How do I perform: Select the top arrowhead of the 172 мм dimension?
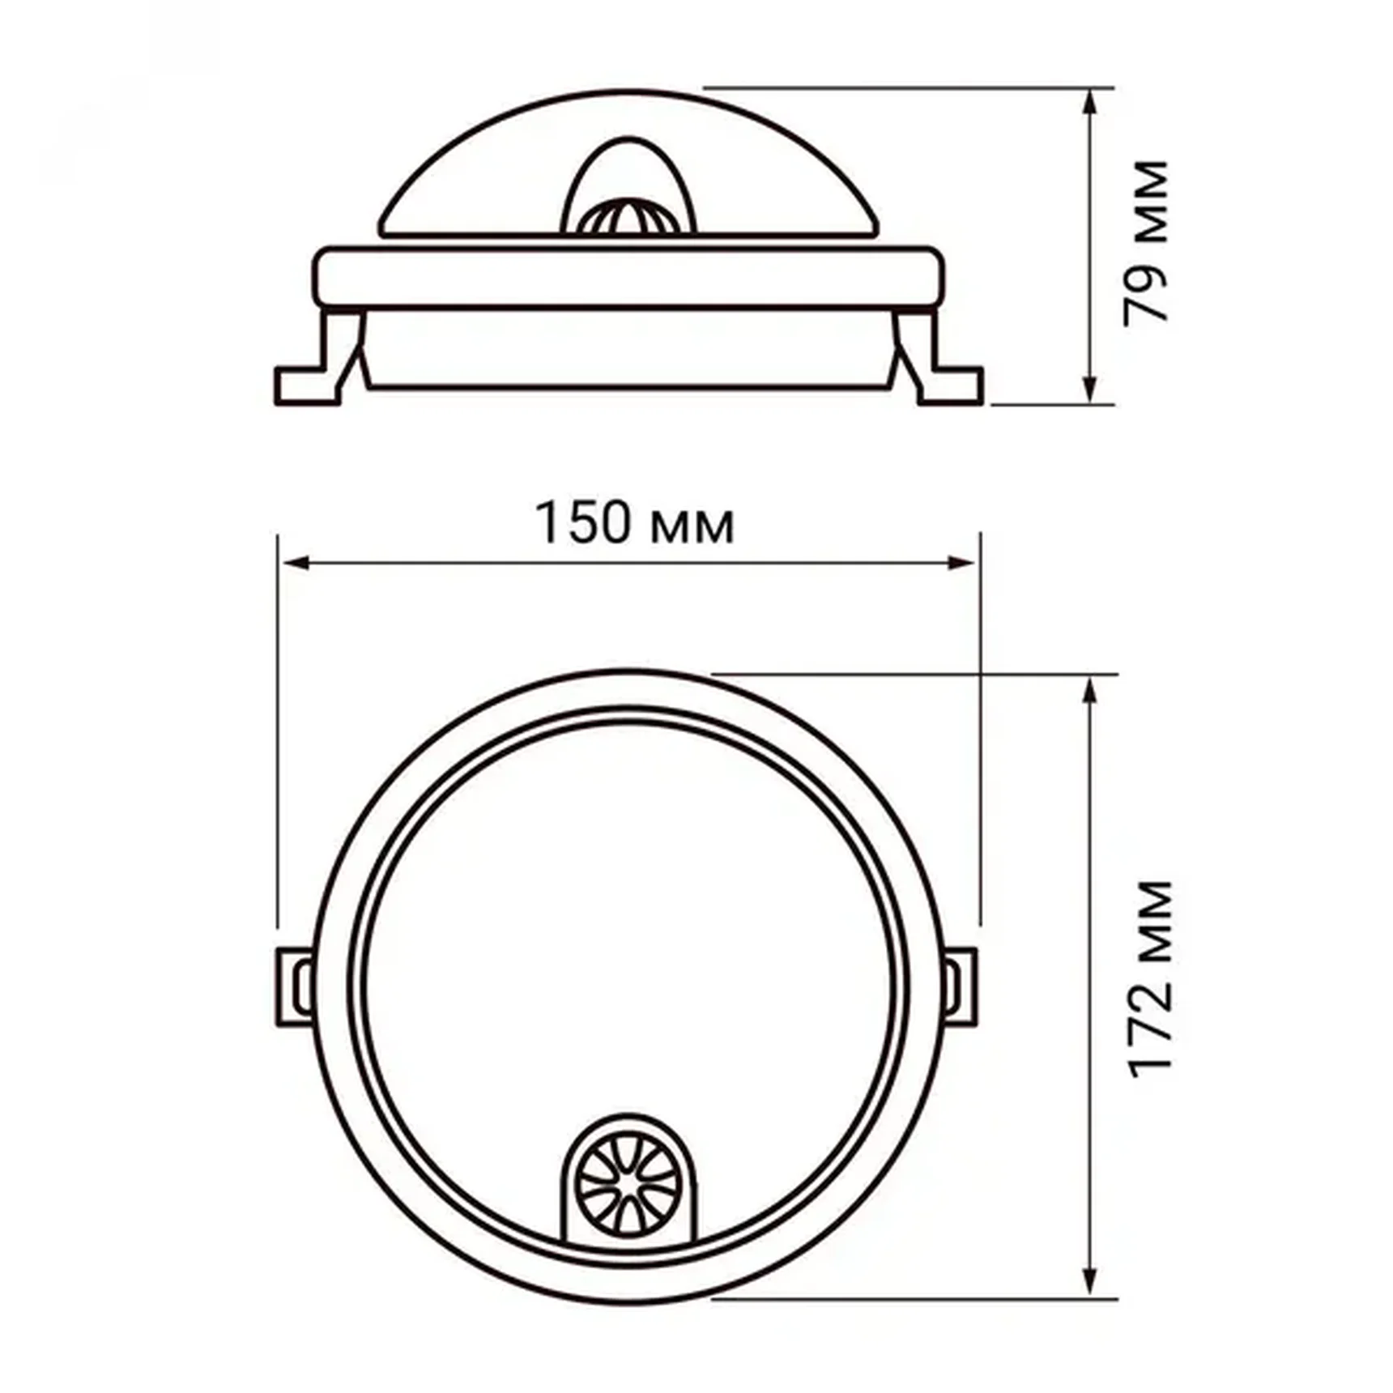pyautogui.click(x=1090, y=691)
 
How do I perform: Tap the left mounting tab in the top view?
pyautogui.click(x=296, y=986)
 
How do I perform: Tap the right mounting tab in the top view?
pyautogui.click(x=961, y=986)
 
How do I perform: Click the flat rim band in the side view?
pyautogui.click(x=628, y=278)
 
